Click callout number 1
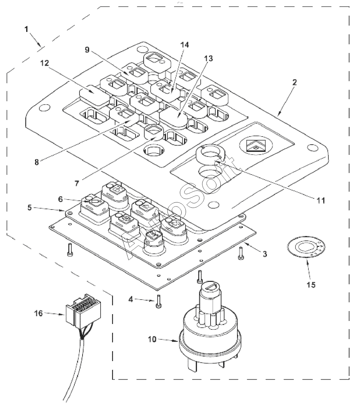coord(26,30)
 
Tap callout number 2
coord(294,82)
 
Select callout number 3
coord(265,254)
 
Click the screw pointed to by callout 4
coord(159,302)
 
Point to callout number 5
coord(30,207)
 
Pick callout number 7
coord(77,183)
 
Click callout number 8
coord(36,162)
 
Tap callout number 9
coord(87,50)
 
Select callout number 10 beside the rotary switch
coord(152,339)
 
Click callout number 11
coord(321,200)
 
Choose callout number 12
coord(44,63)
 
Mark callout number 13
coord(208,58)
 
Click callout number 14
coord(184,45)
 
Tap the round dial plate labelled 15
coord(306,247)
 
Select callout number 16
coord(38,313)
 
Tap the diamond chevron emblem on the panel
coord(256,146)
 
